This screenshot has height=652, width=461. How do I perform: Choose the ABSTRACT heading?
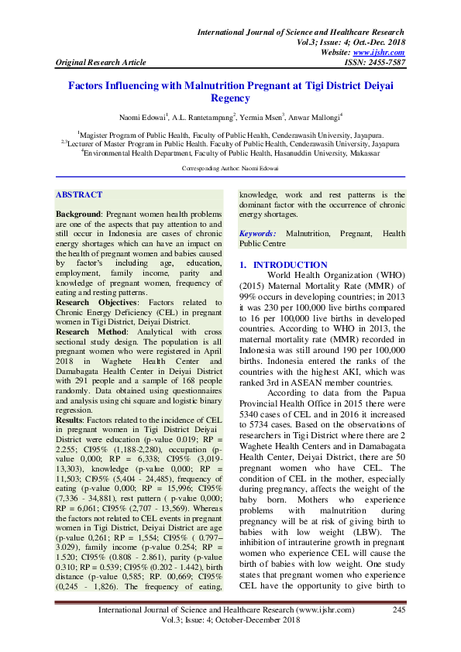tap(79, 195)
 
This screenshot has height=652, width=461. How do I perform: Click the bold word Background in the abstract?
tap(78, 213)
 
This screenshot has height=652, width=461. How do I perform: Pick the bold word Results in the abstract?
tap(71, 419)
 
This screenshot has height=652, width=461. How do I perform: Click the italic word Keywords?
tap(256, 233)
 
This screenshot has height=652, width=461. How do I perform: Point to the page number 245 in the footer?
tap(399, 610)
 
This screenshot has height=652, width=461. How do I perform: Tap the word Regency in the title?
tap(230, 99)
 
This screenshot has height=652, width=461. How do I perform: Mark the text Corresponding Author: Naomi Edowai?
tap(230, 168)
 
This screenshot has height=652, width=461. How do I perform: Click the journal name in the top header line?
tap(301, 33)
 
